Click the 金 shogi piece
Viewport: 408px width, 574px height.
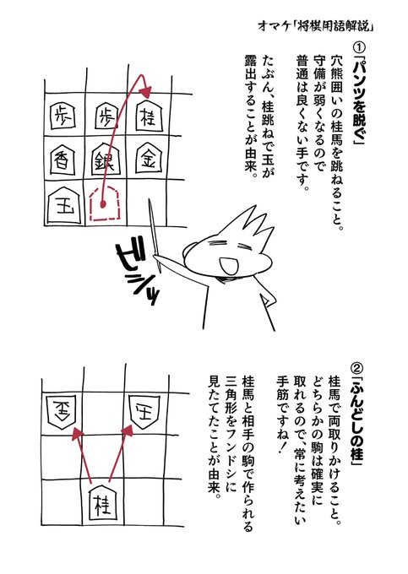pos(149,159)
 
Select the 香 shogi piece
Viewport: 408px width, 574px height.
pos(63,160)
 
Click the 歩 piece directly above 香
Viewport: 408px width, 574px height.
pos(63,116)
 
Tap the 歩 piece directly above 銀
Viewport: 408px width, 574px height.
pos(106,116)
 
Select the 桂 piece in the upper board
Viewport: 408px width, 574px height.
pos(149,115)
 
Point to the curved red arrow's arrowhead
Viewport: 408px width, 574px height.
pos(147,89)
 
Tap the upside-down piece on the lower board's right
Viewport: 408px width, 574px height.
pos(145,410)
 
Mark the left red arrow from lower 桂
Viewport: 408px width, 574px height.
pos(83,454)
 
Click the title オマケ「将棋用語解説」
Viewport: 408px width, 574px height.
pos(315,26)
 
